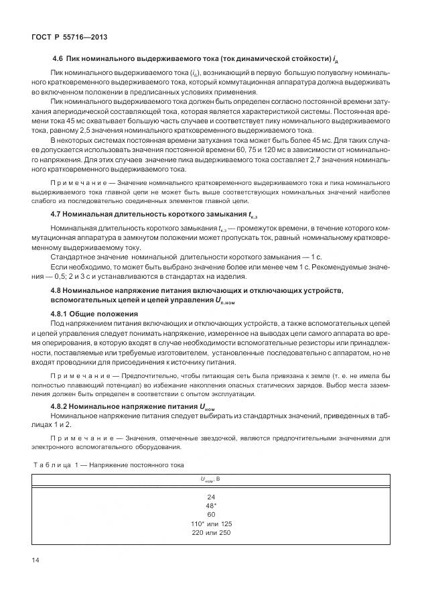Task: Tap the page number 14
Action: coord(36,560)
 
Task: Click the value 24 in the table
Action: coord(211,496)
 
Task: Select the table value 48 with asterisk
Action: coord(211,505)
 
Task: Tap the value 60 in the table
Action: coord(211,514)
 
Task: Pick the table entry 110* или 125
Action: coord(211,523)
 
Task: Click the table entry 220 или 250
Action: coord(211,532)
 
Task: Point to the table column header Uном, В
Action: coord(211,479)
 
